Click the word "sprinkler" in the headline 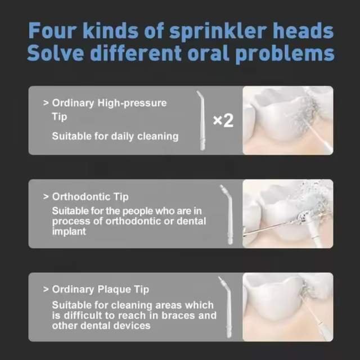[x=218, y=31]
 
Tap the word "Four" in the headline [x=52, y=31]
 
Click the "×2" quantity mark [x=223, y=120]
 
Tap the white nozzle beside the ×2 [x=201, y=120]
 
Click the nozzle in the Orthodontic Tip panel [x=228, y=214]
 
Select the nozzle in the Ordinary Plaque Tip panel [x=227, y=307]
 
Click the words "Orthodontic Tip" [x=90, y=197]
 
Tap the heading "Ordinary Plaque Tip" [x=101, y=290]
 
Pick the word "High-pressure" [x=132, y=103]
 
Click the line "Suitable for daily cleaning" [x=115, y=136]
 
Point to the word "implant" [x=69, y=231]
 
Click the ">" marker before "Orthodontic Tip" [x=46, y=197]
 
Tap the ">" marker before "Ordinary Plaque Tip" [x=46, y=289]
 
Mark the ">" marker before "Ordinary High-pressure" [x=46, y=103]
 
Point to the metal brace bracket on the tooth [x=303, y=217]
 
